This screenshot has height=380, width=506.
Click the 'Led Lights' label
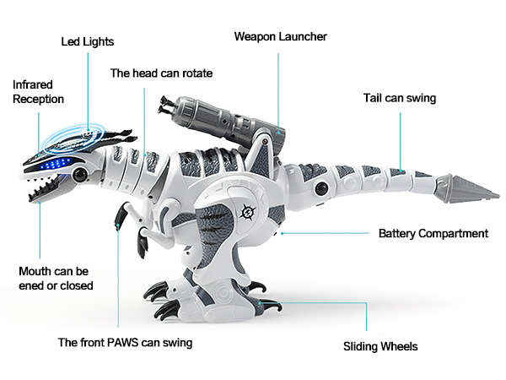[88, 41]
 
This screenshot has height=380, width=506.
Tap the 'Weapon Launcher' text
[280, 37]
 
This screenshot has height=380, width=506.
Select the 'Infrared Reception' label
[38, 92]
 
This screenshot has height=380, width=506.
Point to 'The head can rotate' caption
[161, 73]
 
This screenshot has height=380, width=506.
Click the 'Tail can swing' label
[400, 98]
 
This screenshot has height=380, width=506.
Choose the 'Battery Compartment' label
[433, 233]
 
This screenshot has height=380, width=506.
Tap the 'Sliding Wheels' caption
[380, 346]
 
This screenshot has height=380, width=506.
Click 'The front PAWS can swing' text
[125, 343]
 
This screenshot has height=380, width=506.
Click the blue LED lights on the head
[54, 164]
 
